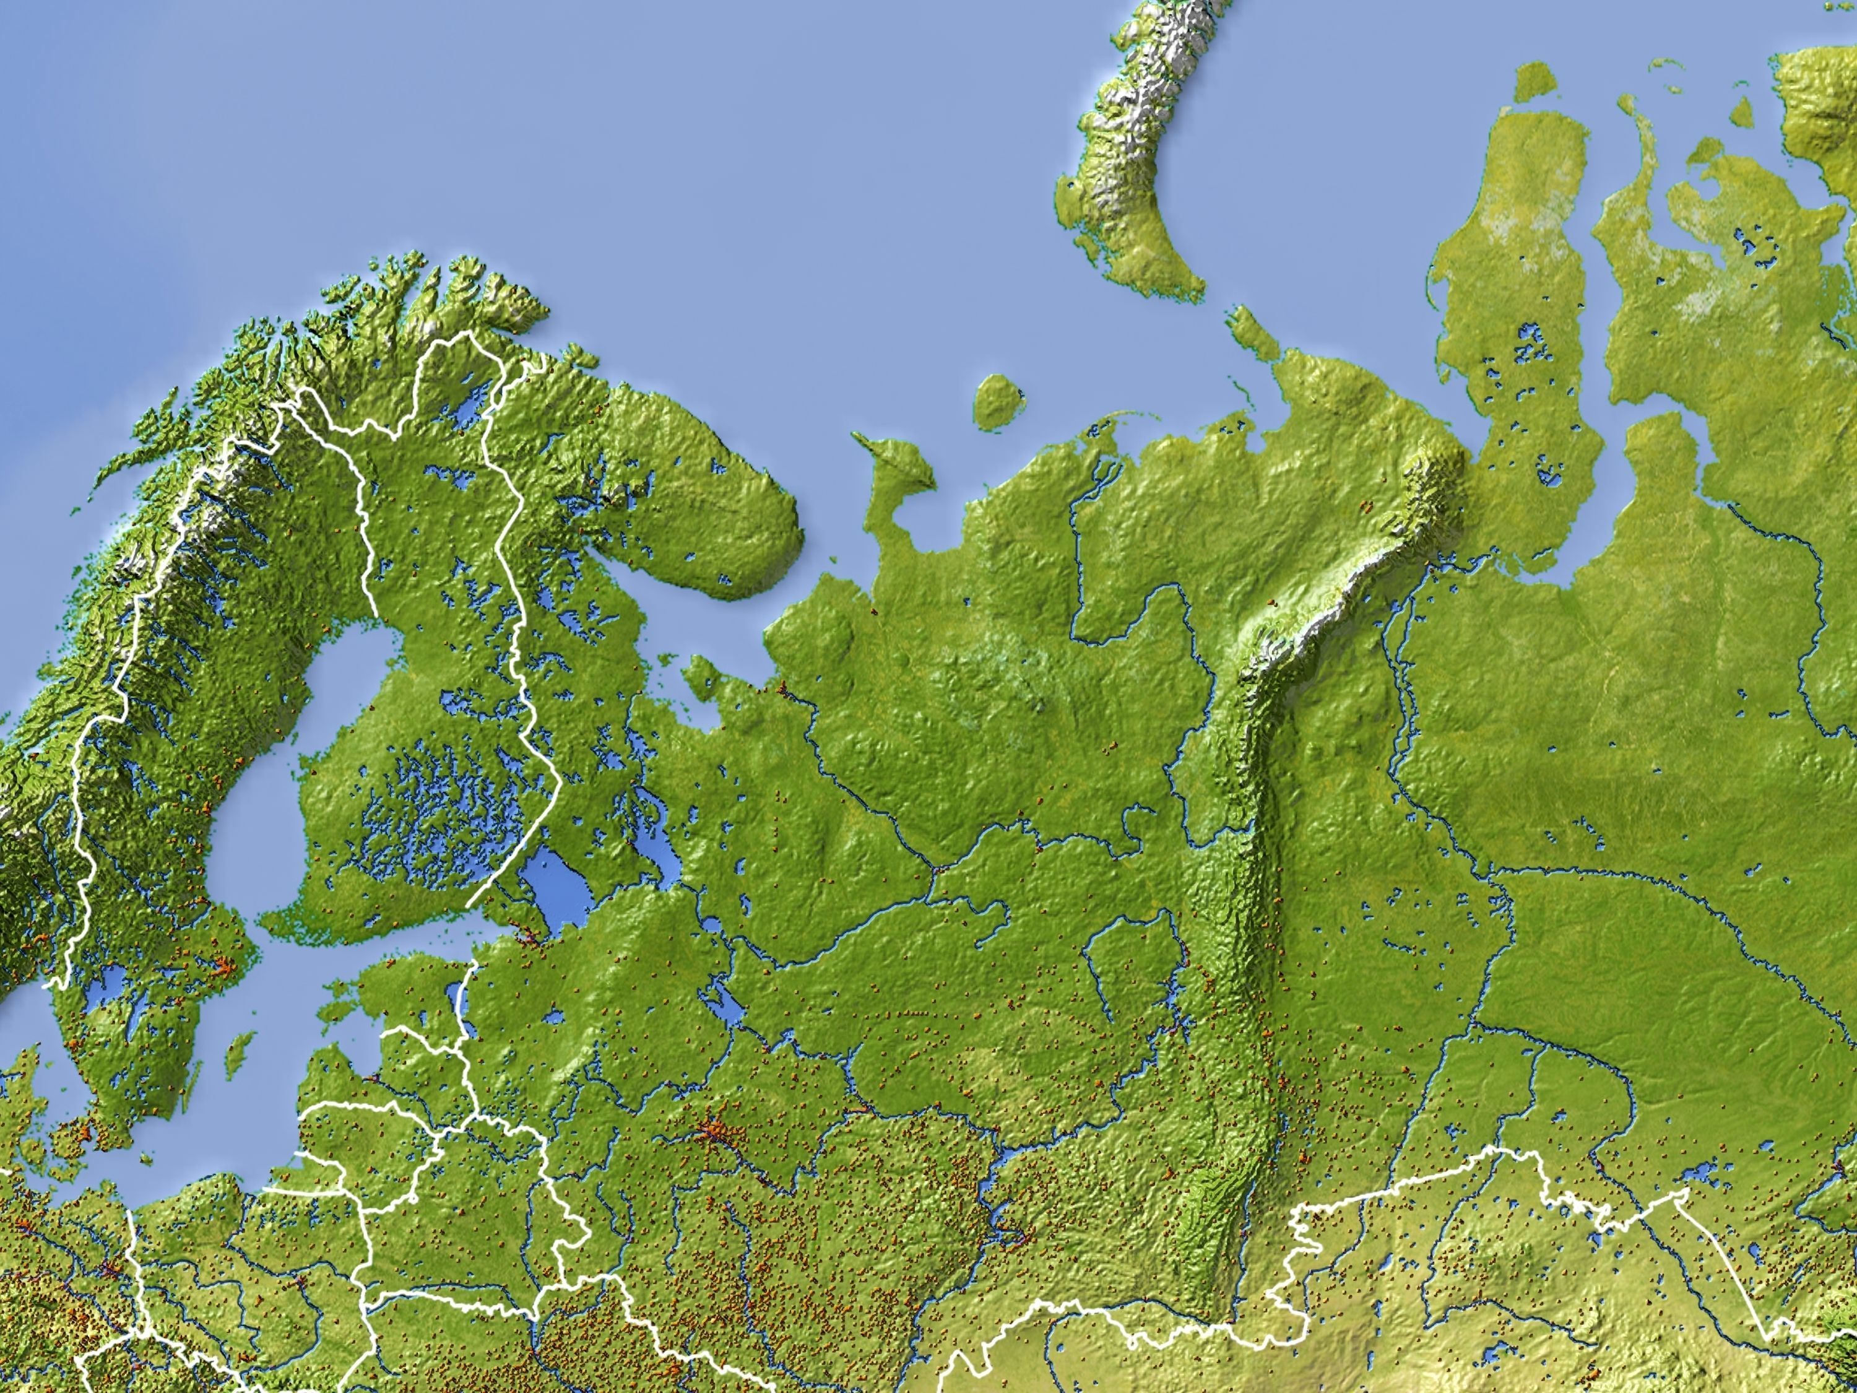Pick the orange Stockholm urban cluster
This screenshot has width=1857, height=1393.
(222, 966)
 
